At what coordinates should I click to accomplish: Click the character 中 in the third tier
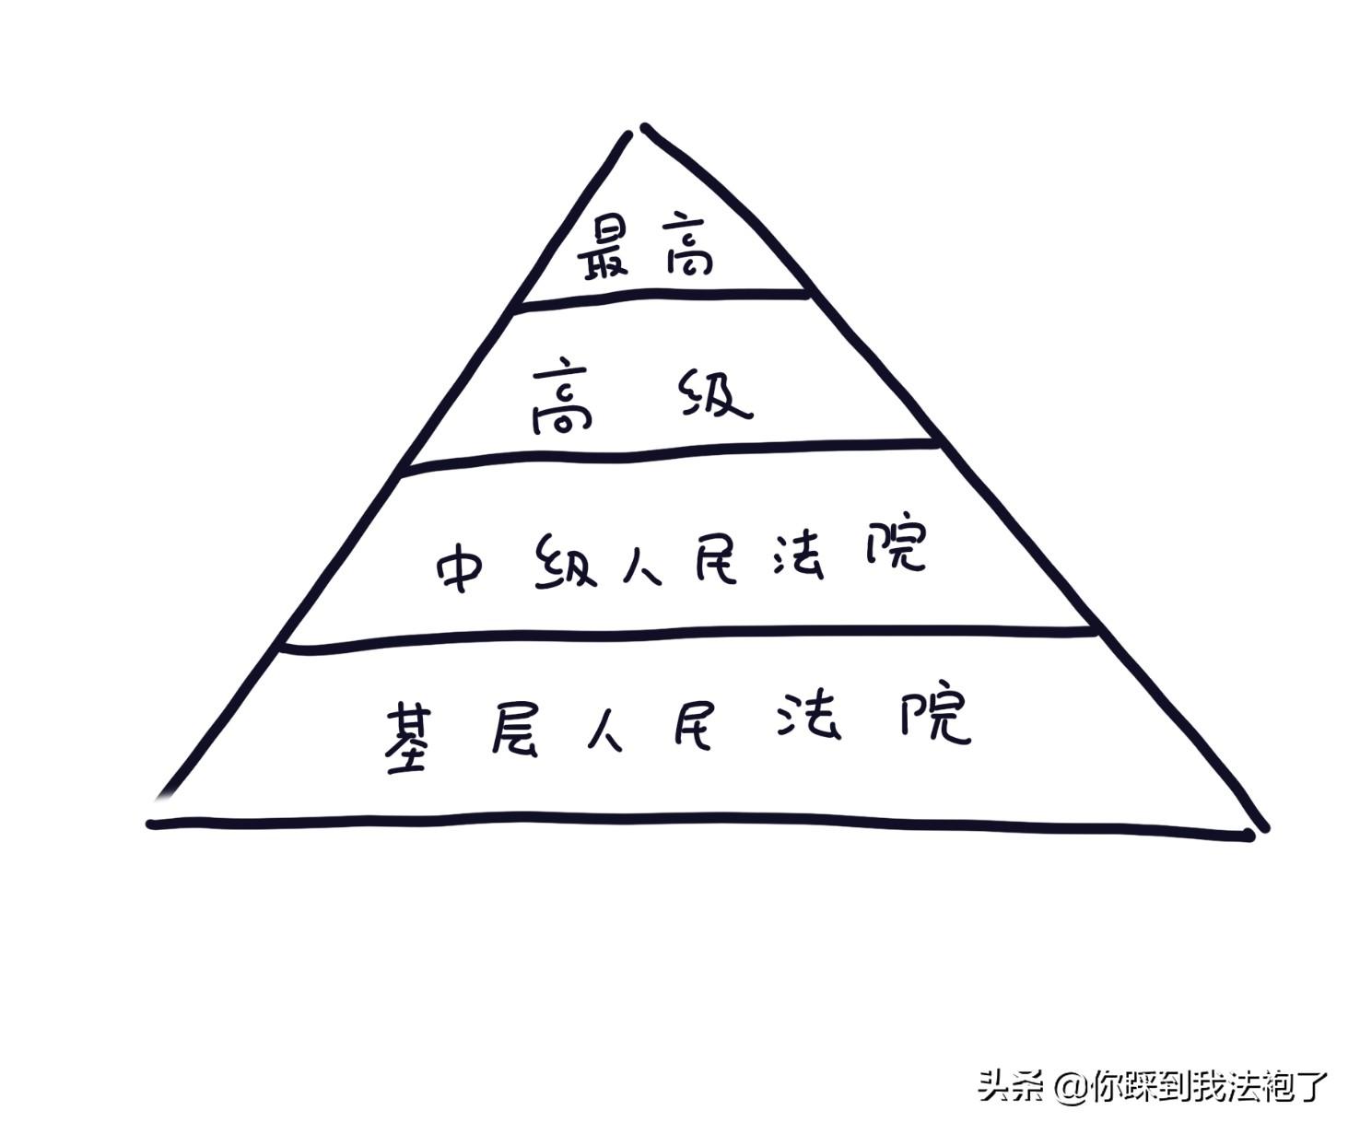click(460, 565)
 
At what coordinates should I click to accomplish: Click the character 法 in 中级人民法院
click(798, 555)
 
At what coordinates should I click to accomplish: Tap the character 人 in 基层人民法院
click(604, 729)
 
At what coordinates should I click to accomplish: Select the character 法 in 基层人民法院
click(808, 716)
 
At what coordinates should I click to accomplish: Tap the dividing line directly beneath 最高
click(663, 297)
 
